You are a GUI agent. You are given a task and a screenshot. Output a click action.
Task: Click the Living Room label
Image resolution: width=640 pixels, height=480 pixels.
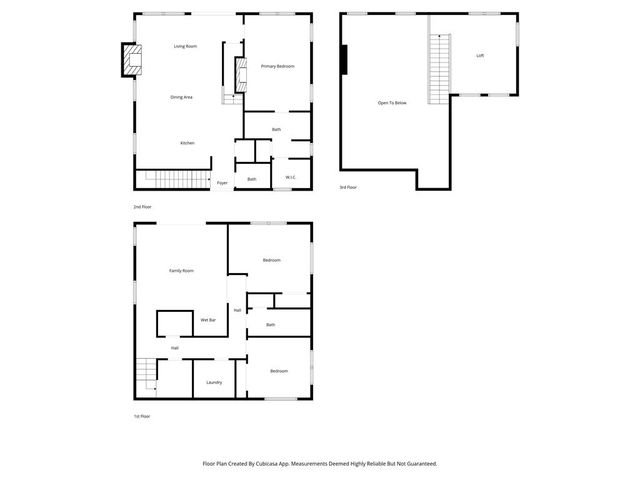click(185, 46)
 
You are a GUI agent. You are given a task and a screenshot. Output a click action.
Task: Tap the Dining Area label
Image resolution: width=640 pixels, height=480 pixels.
click(181, 97)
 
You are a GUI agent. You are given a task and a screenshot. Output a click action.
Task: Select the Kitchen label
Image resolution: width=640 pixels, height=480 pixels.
click(187, 143)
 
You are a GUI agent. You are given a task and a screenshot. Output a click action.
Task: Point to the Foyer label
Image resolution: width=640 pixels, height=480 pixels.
click(222, 183)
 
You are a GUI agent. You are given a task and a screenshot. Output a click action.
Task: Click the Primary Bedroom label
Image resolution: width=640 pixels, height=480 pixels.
click(277, 66)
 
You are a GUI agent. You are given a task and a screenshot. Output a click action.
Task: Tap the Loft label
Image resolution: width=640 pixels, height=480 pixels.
click(480, 56)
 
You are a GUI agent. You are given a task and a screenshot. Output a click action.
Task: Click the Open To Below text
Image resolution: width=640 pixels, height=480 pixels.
click(392, 102)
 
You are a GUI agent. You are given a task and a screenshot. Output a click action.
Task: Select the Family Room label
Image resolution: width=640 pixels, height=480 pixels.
click(181, 271)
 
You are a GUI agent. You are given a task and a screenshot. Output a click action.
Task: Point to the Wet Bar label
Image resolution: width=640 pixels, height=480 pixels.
click(208, 320)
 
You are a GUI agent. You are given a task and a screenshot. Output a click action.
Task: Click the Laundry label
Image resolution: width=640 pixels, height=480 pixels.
click(214, 382)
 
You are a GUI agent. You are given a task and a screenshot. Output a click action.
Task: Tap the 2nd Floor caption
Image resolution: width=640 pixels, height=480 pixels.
click(142, 206)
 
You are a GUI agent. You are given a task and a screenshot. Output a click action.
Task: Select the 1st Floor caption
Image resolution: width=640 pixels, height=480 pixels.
click(142, 415)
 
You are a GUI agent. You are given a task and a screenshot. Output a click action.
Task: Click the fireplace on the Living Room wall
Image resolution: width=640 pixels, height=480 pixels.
click(130, 60)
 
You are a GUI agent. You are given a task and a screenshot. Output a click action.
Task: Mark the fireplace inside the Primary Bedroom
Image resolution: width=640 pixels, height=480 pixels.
click(239, 73)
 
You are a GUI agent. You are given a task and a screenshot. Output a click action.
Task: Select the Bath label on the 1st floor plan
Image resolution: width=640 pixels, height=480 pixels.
click(271, 325)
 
